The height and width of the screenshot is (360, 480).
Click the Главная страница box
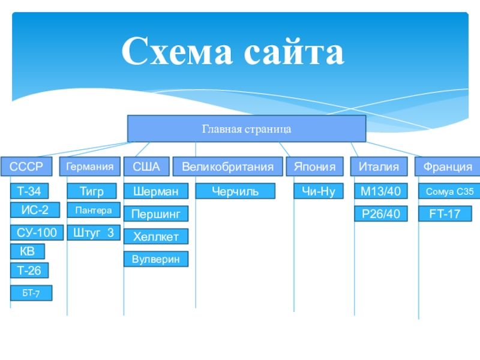point(247,128)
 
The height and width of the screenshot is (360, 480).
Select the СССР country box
point(26,167)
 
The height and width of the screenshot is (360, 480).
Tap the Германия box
point(89,167)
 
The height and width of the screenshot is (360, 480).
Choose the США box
point(146,167)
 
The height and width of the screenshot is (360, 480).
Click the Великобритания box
point(228,167)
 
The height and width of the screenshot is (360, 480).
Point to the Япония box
point(314,167)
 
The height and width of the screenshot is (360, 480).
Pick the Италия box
point(379,167)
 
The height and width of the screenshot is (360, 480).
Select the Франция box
point(448,167)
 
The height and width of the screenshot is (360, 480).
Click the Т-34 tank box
point(29,191)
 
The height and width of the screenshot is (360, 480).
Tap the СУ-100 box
point(37,233)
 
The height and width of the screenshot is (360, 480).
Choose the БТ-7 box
point(31,293)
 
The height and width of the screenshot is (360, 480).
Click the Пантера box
point(94,210)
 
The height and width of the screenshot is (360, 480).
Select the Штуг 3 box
point(94,233)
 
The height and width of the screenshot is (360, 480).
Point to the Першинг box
point(156,214)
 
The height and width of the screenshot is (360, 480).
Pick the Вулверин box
point(156,259)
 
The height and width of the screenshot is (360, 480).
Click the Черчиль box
point(235,191)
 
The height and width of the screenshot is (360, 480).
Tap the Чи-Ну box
point(319,191)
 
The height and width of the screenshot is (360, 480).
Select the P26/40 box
point(381,214)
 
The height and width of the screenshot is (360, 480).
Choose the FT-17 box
point(445,214)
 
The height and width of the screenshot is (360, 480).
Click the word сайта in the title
point(294,52)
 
